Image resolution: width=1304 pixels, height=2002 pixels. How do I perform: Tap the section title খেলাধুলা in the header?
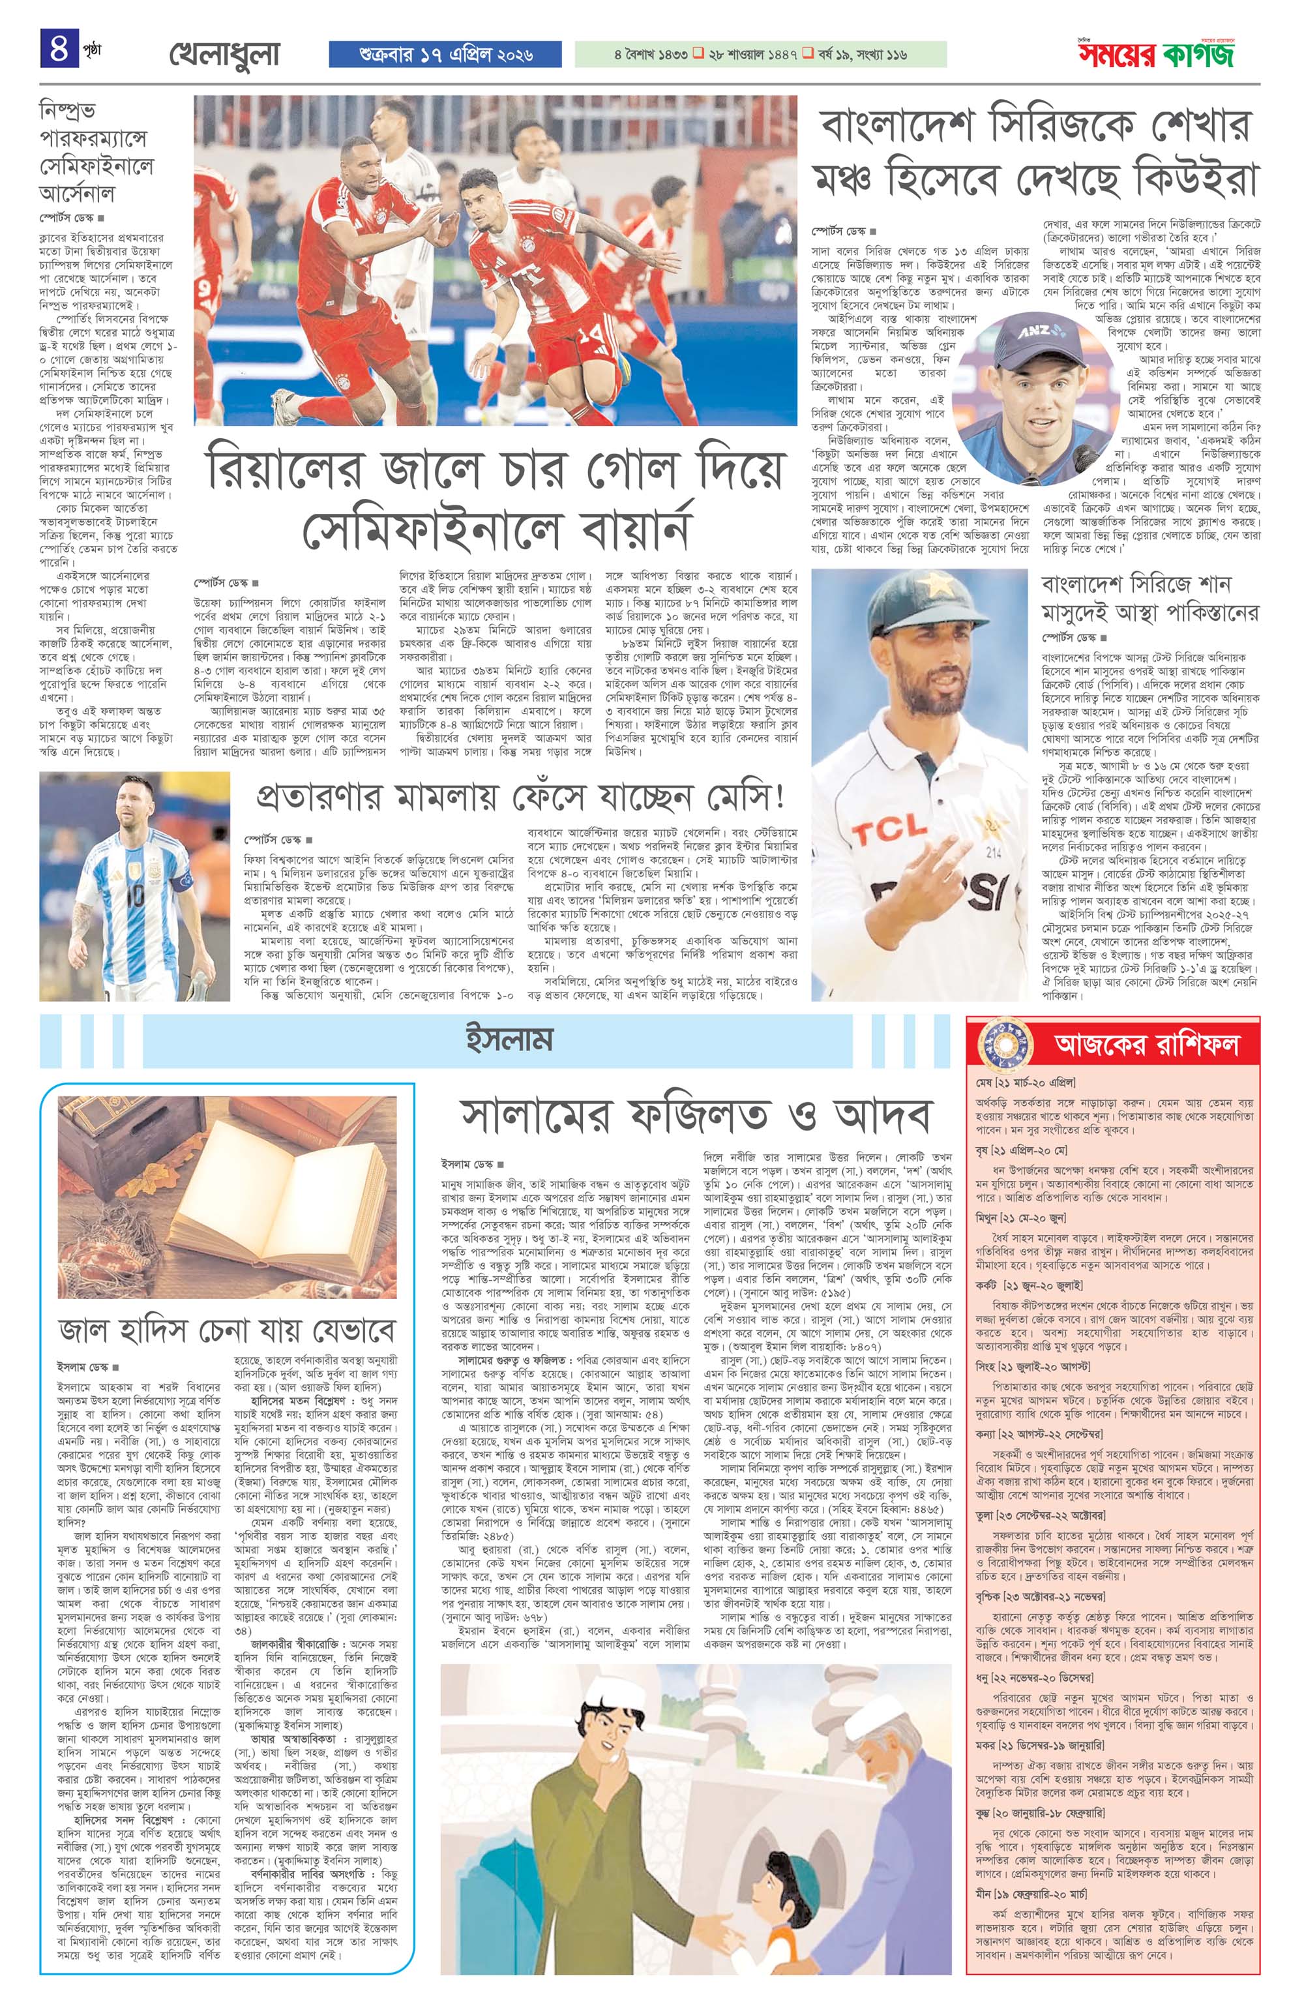click(224, 55)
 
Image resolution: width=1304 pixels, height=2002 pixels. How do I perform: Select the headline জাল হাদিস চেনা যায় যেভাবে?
click(227, 1331)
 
